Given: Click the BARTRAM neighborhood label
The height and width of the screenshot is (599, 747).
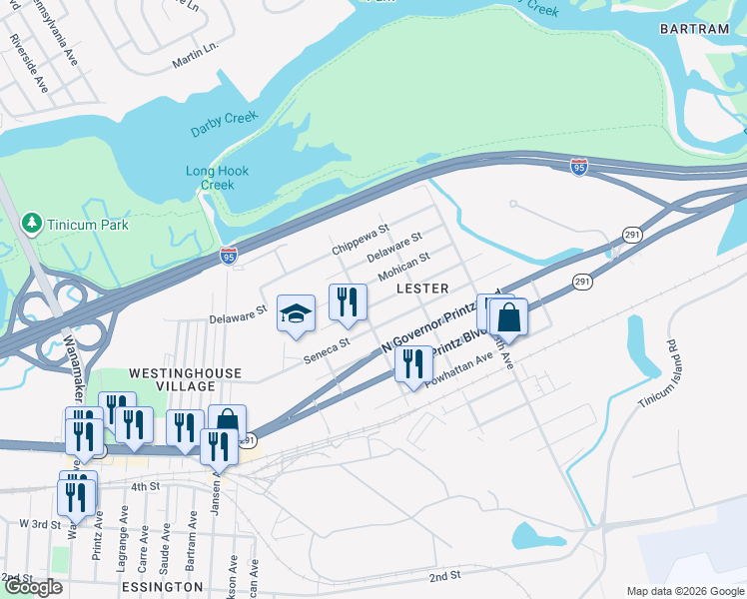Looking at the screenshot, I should click(694, 29).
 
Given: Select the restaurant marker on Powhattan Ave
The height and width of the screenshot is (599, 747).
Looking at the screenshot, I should click(413, 362).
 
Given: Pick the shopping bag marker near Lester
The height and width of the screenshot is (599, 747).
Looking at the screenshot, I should click(508, 317).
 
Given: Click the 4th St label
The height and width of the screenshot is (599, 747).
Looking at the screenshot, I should click(145, 486).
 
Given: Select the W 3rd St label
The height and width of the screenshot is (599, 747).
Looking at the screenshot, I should click(41, 523).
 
